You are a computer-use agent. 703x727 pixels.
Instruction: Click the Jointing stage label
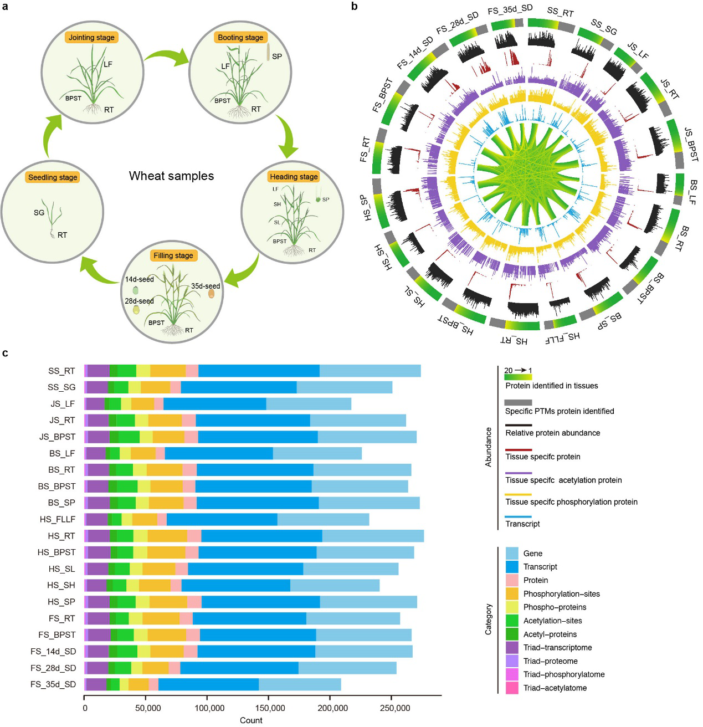coord(91,37)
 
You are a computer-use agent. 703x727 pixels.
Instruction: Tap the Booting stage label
coord(240,37)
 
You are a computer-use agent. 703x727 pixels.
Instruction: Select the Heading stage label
coord(294,176)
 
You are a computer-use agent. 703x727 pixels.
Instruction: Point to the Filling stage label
coord(173,255)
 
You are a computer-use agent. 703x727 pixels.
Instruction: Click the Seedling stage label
coord(53,177)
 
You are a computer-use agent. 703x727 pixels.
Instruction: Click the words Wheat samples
coord(171,176)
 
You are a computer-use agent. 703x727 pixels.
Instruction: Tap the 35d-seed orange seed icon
coord(211,294)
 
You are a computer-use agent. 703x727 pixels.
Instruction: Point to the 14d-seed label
coord(139,279)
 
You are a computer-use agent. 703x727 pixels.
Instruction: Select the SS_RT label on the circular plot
coord(560,12)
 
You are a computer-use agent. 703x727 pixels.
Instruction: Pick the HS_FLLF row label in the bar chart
coord(58,519)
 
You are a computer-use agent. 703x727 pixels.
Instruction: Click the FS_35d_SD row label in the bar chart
coord(53,684)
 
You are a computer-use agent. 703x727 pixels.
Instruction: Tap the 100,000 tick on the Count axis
coord(209,708)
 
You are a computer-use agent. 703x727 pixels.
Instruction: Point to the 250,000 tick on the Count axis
coord(394,708)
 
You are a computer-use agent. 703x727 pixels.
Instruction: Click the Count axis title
coord(251,720)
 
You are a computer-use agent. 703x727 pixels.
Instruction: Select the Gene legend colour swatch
coord(512,553)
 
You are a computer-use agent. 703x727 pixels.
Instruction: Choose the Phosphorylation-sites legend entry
coord(561,593)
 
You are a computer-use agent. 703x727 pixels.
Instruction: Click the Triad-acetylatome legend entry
coord(555,688)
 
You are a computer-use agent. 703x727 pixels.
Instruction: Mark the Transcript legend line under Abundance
coord(518,517)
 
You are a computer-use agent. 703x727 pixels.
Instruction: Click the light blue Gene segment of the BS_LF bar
coord(317,453)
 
